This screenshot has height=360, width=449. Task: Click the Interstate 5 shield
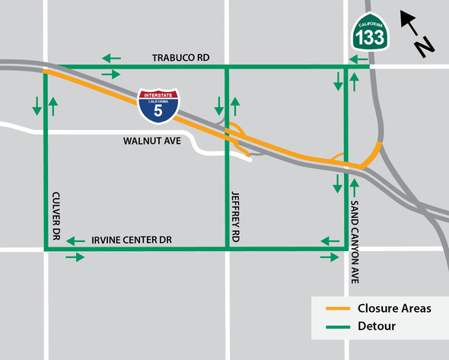click(158, 106)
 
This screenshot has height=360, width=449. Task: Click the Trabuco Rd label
click(180, 58)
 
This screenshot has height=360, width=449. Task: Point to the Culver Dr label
click(58, 212)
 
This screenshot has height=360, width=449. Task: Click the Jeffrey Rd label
click(236, 217)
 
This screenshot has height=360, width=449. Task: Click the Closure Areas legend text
click(394, 308)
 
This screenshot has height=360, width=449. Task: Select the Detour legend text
click(376, 327)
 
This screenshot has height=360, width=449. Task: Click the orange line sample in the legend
click(337, 309)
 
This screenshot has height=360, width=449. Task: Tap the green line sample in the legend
click(337, 327)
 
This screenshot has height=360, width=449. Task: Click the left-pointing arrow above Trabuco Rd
click(112, 57)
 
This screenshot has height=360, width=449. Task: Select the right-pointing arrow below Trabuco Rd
click(111, 74)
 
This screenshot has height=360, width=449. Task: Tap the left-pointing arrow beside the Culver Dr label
click(75, 241)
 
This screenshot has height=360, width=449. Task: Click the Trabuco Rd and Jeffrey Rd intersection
click(227, 66)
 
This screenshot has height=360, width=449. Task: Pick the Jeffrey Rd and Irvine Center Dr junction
click(227, 248)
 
